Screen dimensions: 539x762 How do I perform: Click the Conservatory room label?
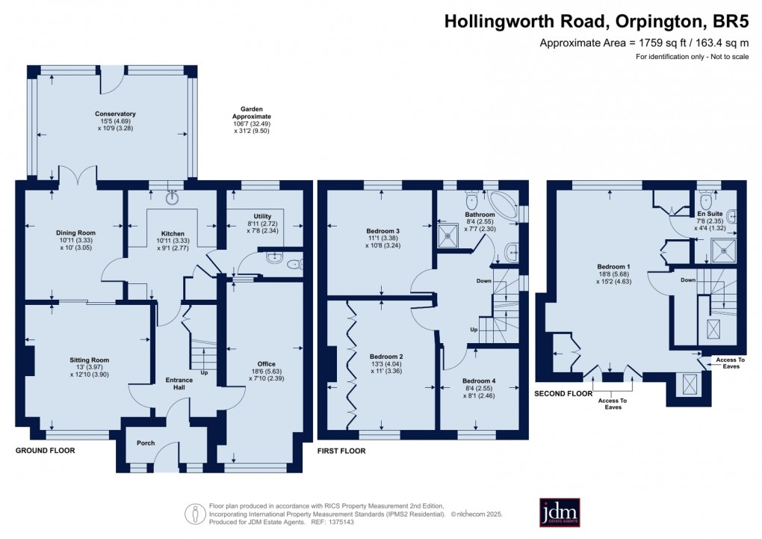pos(111,114)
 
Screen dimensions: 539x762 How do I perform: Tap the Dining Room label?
pos(76,232)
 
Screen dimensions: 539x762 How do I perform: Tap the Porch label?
pos(146,443)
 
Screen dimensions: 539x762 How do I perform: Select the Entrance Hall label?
pos(179,380)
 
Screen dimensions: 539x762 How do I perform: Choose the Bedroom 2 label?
pos(386,356)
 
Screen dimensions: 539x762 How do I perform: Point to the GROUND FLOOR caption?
pos(46,451)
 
